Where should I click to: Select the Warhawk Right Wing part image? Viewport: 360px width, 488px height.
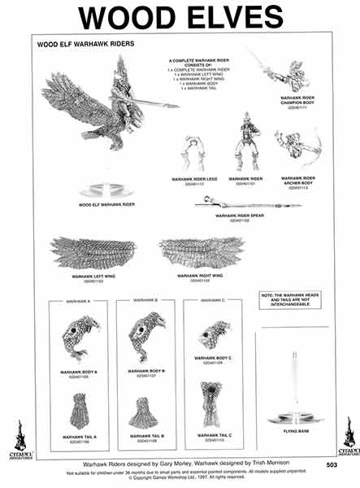(x=202, y=254)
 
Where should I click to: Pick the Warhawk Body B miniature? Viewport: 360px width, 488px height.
(x=146, y=333)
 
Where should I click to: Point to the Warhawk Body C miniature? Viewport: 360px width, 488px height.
(x=214, y=333)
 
